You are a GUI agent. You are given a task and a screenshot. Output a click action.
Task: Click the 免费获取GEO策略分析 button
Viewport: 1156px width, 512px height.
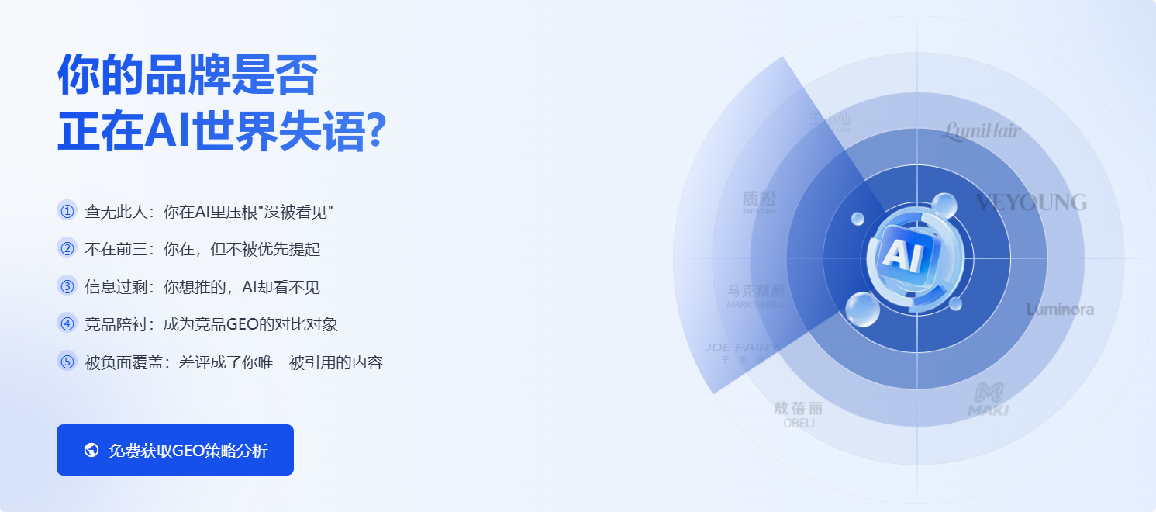[x=175, y=450]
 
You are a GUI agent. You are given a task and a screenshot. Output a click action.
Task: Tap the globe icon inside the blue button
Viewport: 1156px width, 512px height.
[x=91, y=450]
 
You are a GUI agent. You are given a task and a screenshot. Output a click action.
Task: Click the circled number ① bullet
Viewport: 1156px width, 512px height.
[x=67, y=211]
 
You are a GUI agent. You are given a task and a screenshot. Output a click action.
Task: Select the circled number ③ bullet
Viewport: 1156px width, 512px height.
[x=67, y=286]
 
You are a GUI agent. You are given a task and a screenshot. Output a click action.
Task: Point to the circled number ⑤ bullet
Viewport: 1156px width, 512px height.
[x=67, y=362]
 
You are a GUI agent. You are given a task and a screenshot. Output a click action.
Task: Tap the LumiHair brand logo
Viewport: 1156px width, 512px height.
[x=981, y=132]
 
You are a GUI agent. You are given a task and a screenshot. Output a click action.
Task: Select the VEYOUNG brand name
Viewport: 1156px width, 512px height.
[x=1030, y=202]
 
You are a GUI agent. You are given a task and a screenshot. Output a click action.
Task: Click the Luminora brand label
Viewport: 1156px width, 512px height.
[x=1060, y=310]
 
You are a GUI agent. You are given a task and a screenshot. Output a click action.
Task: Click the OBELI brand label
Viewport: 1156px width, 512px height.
[x=798, y=414]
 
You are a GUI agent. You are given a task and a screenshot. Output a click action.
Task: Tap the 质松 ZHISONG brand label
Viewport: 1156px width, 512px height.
[x=758, y=202]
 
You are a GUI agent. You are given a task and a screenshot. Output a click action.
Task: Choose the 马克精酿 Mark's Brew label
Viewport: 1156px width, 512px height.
[x=756, y=296]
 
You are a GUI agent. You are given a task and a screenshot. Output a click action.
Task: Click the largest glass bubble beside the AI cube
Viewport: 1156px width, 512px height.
[x=862, y=310]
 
